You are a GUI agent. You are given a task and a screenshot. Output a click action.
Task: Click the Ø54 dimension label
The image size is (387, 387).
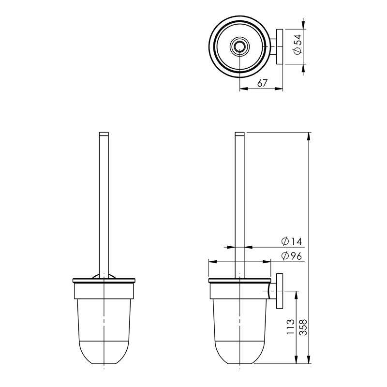point(298,47)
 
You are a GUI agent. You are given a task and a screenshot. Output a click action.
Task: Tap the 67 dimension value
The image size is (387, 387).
point(262,83)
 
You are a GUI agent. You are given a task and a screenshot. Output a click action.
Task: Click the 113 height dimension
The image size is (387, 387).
point(291,327)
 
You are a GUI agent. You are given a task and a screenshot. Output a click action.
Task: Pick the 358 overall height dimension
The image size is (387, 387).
point(304,327)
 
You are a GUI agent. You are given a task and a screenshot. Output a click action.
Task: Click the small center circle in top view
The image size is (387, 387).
point(239,47)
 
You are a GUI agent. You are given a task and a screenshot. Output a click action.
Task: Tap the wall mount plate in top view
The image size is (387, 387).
point(279,47)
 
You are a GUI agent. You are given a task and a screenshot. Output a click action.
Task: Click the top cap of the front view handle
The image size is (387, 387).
point(104,134)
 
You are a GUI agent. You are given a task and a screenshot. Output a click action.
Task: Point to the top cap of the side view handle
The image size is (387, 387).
point(240,134)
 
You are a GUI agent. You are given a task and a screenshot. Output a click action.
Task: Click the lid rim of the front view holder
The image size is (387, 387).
point(104,281)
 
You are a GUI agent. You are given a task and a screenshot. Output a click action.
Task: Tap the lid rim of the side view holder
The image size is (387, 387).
point(239,281)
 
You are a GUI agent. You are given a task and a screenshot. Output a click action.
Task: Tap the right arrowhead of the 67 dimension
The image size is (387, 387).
point(280,89)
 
